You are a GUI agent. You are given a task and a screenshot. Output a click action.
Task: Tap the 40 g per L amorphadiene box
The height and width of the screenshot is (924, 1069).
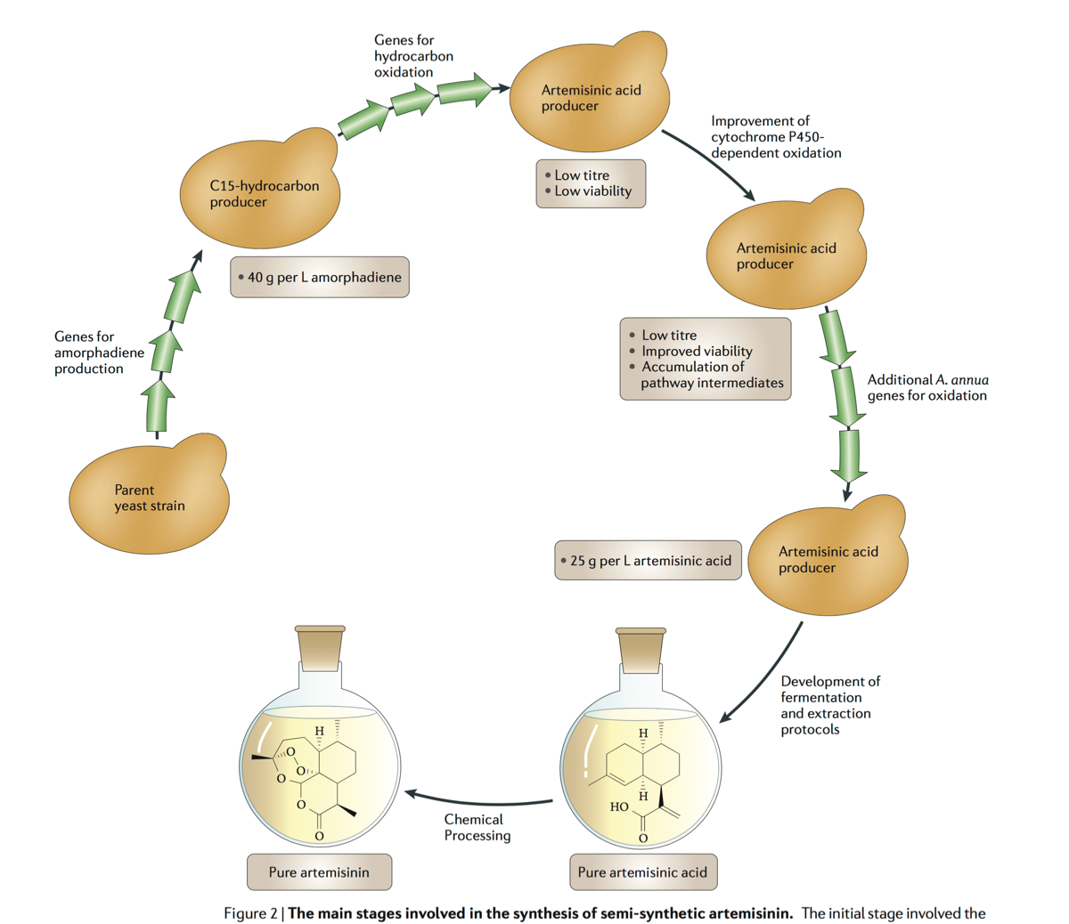click(x=319, y=278)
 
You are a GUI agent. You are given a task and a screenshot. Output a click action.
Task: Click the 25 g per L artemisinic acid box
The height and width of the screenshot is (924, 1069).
click(x=648, y=561)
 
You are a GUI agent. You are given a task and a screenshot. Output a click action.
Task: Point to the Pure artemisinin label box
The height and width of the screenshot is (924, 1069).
click(x=319, y=872)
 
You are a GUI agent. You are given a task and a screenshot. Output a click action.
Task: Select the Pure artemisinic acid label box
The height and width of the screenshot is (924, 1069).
click(x=642, y=872)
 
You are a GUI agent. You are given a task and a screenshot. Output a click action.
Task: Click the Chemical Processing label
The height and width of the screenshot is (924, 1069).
click(x=477, y=827)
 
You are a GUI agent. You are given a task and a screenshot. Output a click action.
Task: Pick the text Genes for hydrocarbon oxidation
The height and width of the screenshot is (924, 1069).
click(x=413, y=56)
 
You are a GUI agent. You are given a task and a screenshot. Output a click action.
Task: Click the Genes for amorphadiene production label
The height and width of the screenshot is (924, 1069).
click(x=99, y=353)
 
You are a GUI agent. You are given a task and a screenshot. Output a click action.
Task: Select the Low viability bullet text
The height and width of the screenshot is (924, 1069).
click(x=592, y=191)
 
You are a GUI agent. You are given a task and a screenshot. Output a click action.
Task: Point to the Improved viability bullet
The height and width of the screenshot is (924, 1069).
click(x=697, y=352)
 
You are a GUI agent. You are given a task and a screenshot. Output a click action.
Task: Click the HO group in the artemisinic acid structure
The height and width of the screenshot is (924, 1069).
click(x=619, y=807)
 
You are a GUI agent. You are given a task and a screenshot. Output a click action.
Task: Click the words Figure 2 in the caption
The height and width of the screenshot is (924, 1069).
click(x=250, y=913)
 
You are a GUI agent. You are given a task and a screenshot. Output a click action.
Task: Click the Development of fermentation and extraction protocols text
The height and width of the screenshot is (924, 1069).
click(x=829, y=705)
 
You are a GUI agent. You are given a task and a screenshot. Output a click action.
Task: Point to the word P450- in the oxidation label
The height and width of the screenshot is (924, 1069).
click(x=804, y=137)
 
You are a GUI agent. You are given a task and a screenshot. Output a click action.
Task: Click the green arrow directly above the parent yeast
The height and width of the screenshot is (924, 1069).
click(x=158, y=405)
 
